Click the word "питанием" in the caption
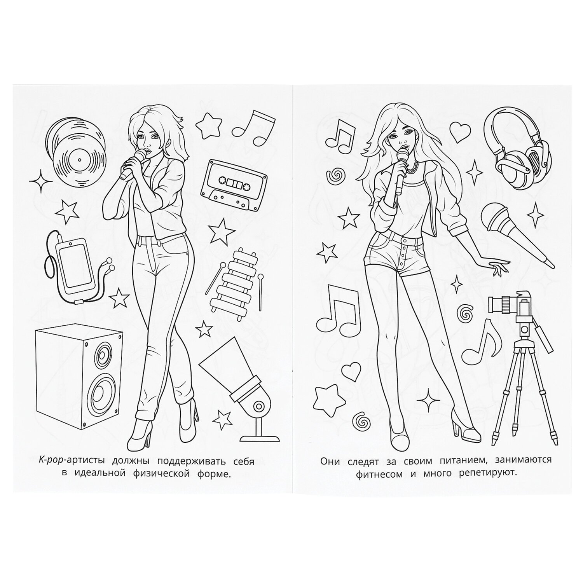456,461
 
